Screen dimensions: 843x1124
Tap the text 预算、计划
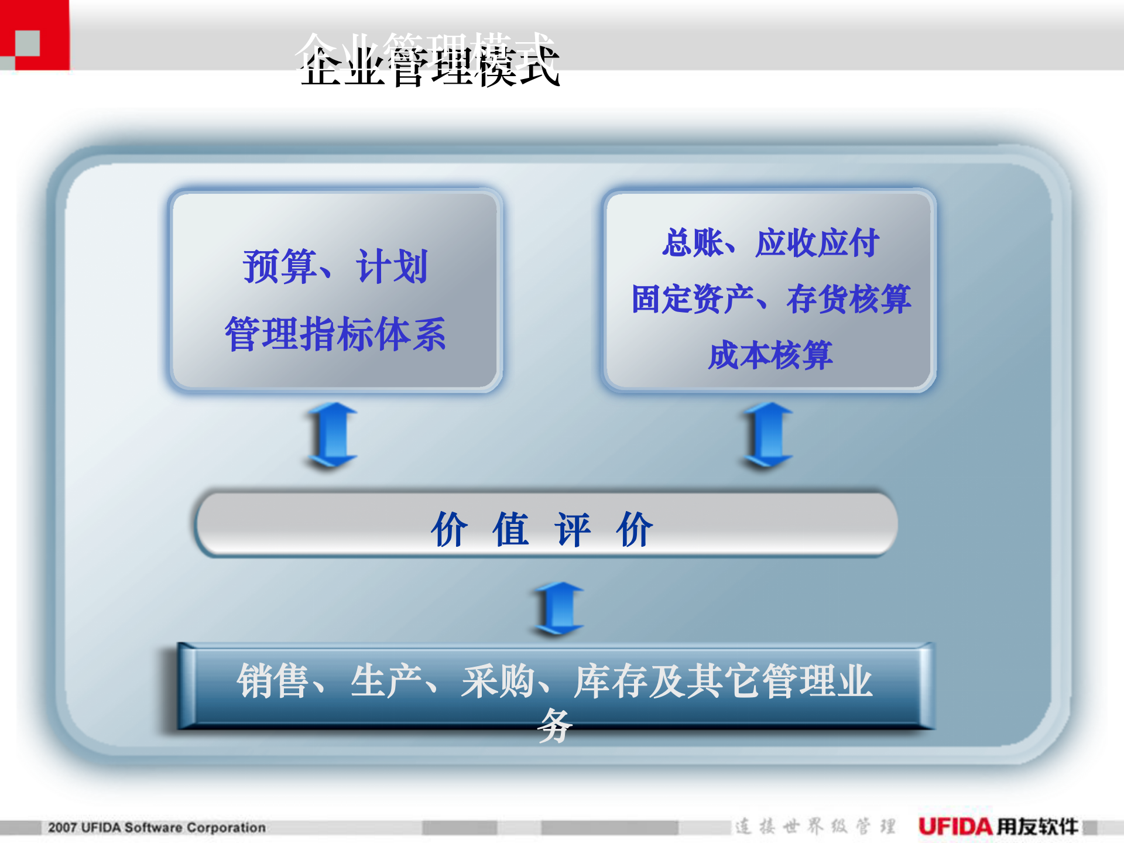(x=335, y=267)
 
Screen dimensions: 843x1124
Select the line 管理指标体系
(x=335, y=334)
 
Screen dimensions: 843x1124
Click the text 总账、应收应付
(x=770, y=242)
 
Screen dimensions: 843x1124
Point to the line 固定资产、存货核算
(x=770, y=299)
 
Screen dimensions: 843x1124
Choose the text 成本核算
(x=770, y=355)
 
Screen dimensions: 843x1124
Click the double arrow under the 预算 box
(x=333, y=435)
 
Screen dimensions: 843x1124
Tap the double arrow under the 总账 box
(x=768, y=435)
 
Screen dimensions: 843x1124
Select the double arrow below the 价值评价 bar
(x=559, y=609)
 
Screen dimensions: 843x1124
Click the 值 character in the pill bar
(x=511, y=529)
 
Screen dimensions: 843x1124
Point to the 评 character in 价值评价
(x=573, y=529)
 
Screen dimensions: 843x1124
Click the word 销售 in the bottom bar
(x=273, y=681)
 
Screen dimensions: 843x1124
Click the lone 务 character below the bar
(x=554, y=726)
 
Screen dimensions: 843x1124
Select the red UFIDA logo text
(x=955, y=827)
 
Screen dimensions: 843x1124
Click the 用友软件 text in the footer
(x=1037, y=827)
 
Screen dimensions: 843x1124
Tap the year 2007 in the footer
(x=62, y=828)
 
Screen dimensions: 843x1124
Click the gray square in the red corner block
(x=27, y=43)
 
